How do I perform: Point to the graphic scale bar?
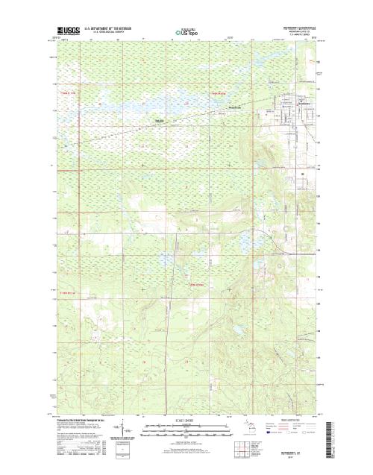[x=186, y=427]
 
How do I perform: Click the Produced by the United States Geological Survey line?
[x=82, y=419]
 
